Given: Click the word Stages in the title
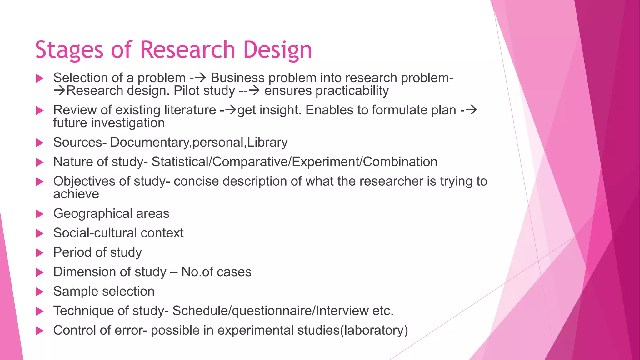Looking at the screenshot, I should [69, 50].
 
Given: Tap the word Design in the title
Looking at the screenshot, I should [277, 50].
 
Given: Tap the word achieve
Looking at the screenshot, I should [76, 194].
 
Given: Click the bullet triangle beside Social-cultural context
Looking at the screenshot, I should [40, 233].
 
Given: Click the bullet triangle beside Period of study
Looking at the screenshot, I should [40, 253].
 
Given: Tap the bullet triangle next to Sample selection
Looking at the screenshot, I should [40, 292].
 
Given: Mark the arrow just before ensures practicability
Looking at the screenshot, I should [254, 91].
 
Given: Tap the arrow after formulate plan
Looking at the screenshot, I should [471, 110].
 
